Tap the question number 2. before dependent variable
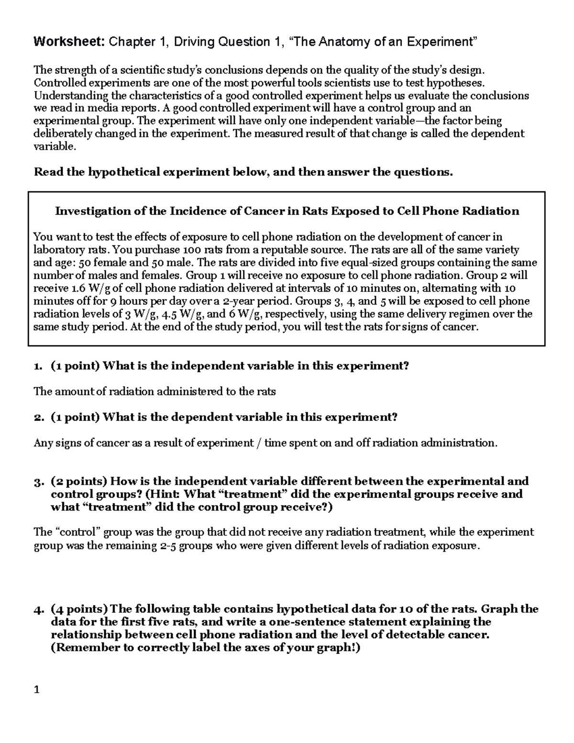[x=38, y=417]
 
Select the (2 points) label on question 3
[x=79, y=481]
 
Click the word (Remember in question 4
[x=81, y=648]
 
